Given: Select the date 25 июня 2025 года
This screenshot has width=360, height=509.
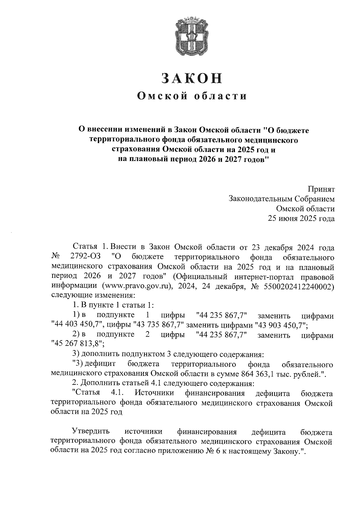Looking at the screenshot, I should pyautogui.click(x=301, y=219).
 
